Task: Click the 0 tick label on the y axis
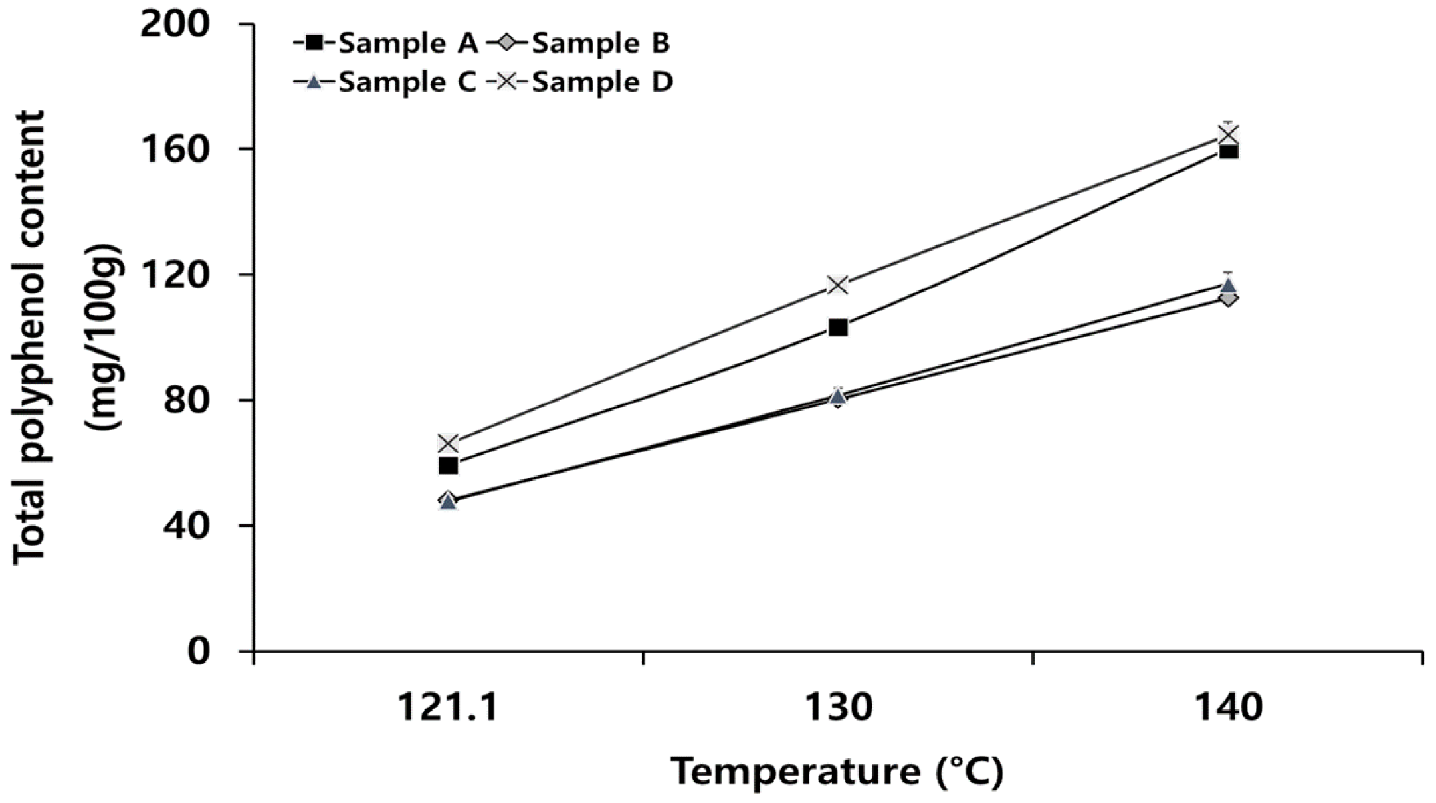click(198, 651)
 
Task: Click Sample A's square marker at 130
click(838, 327)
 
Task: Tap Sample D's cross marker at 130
click(838, 285)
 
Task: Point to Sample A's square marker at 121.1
click(448, 465)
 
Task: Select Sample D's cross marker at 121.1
click(448, 443)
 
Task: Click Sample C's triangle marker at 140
click(1228, 286)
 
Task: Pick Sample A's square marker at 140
click(1228, 152)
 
